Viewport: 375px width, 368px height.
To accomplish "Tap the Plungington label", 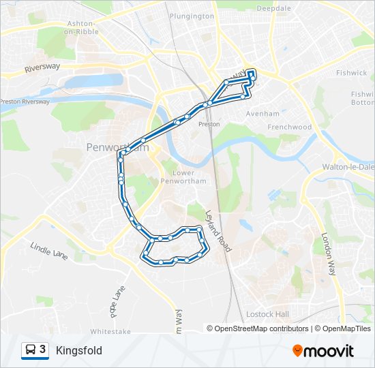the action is click(x=193, y=15).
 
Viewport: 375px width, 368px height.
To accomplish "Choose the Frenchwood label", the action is click(x=289, y=127).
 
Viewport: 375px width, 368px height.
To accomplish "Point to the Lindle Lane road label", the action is click(x=50, y=250).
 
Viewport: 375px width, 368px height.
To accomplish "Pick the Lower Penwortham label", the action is click(x=179, y=177).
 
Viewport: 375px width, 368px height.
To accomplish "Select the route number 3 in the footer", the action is click(x=43, y=350).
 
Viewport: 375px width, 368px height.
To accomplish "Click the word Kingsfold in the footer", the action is click(x=79, y=350).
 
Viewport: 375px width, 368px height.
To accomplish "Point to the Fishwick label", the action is click(x=351, y=72).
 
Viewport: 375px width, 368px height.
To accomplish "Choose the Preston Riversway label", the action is click(x=25, y=102).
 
